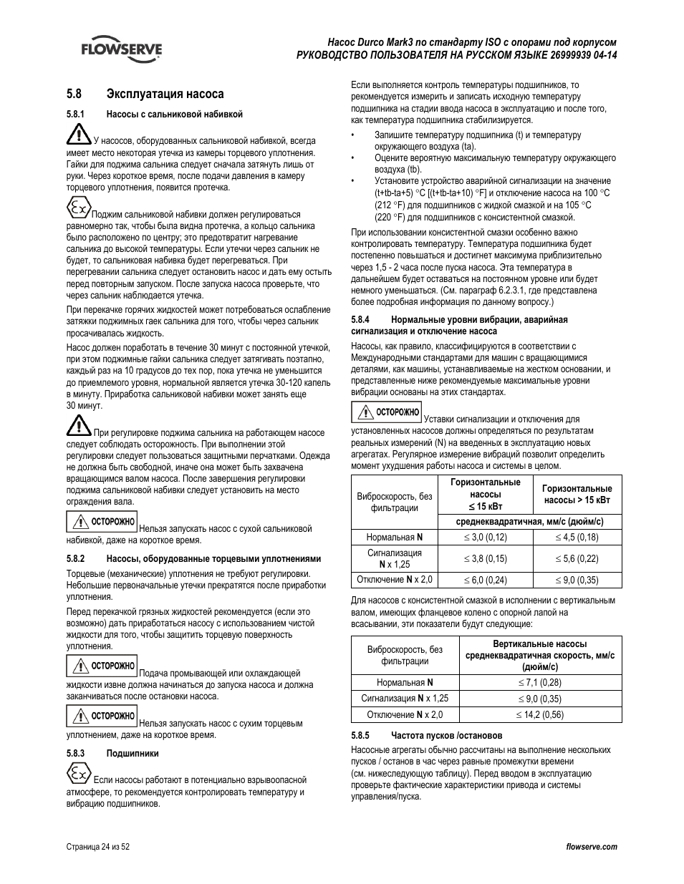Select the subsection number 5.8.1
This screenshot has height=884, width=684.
point(76,114)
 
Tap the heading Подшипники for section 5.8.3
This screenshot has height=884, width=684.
point(133,753)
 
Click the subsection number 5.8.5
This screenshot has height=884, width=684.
point(360,735)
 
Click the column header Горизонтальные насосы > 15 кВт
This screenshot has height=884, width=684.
point(577,494)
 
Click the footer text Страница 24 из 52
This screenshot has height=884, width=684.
point(98,847)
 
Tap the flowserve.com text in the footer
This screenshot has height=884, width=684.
point(591,847)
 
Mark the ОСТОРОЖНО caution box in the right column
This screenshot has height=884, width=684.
point(386,412)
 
